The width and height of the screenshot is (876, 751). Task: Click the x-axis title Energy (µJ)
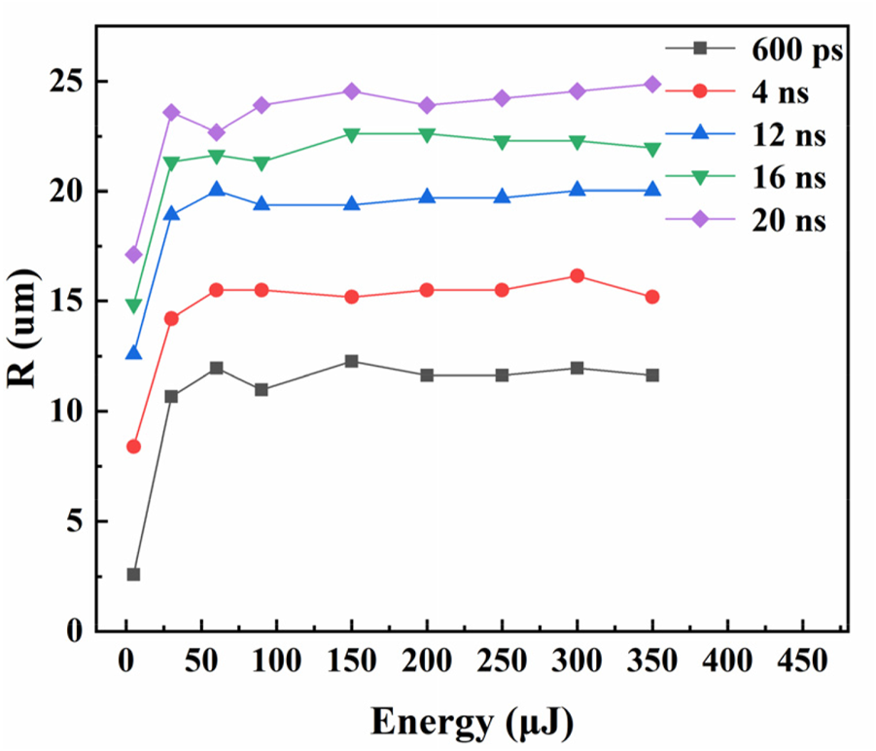pos(471,722)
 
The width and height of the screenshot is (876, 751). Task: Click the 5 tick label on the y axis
pos(73,521)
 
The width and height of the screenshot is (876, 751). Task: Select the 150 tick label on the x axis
pos(351,662)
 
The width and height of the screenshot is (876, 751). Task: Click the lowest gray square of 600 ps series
pos(133,575)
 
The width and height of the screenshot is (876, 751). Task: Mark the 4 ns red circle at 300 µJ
pos(578,276)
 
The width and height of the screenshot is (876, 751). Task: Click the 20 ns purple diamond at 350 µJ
pos(652,85)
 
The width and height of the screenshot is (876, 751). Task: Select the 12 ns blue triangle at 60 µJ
pos(217,190)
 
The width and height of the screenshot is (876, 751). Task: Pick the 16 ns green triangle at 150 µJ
pos(351,134)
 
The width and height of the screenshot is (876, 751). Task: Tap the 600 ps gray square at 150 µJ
pos(351,362)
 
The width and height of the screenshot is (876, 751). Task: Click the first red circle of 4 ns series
pos(133,447)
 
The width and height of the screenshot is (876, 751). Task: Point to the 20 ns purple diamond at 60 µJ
pos(217,132)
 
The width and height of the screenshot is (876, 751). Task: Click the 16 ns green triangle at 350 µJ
pos(652,149)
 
